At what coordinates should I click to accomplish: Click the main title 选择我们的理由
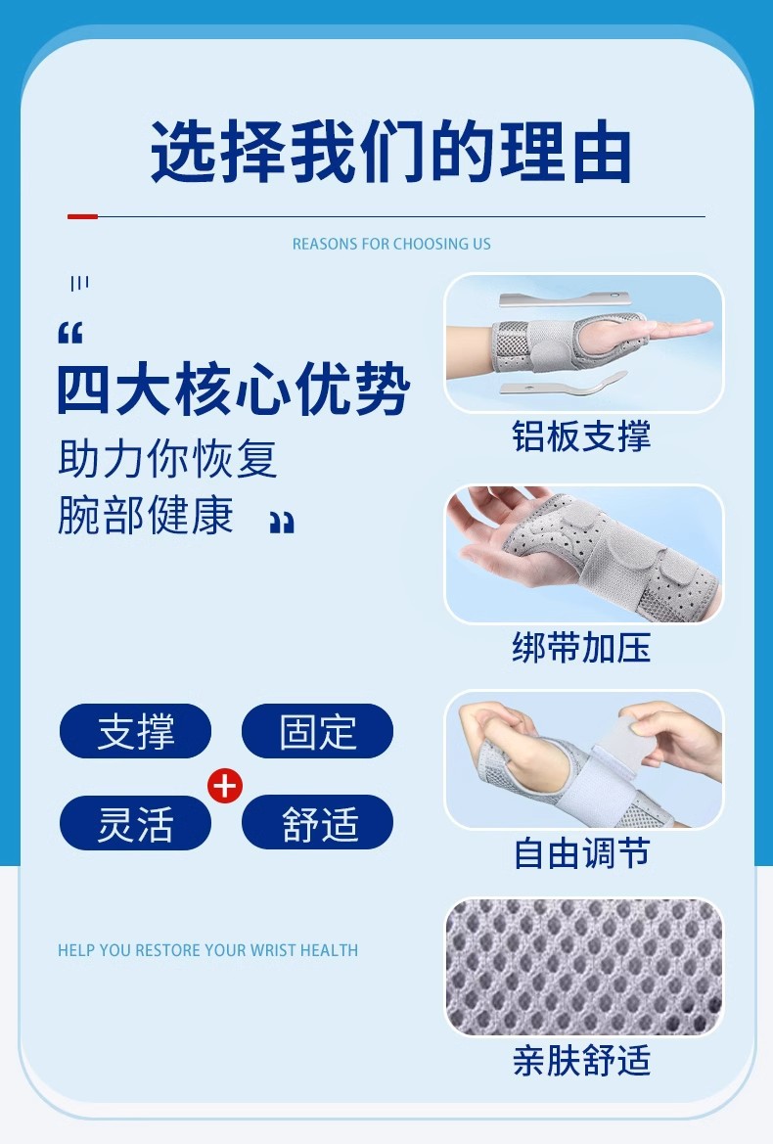(390, 154)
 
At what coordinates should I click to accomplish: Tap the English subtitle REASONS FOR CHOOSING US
(391, 244)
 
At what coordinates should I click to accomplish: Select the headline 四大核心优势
(233, 391)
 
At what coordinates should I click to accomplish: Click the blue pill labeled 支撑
(136, 731)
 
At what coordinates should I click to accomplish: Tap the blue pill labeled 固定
(317, 731)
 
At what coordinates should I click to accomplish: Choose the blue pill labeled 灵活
(136, 822)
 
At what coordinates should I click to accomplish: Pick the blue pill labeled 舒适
(317, 822)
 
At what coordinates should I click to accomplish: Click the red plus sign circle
(226, 785)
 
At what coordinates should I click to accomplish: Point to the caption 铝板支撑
(581, 436)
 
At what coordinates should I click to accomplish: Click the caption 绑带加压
(581, 648)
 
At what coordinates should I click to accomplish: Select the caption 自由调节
(581, 853)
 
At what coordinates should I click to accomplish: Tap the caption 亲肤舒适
(581, 1061)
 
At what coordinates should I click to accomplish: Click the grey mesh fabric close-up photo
(584, 967)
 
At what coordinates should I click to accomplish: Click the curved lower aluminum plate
(563, 385)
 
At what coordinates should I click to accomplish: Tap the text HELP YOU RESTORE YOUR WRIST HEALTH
(207, 950)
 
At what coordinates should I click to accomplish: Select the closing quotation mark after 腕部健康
(282, 523)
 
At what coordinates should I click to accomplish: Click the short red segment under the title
(82, 216)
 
